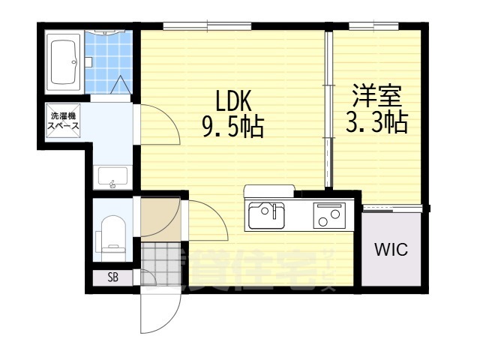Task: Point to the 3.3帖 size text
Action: click(376, 121)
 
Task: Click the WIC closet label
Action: click(391, 250)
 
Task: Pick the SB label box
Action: click(112, 277)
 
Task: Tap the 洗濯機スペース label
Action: click(64, 120)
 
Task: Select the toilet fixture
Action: click(112, 235)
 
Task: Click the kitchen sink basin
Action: click(266, 216)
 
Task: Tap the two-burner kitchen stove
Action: click(328, 216)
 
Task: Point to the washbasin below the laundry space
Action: click(113, 177)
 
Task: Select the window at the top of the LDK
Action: click(208, 28)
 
